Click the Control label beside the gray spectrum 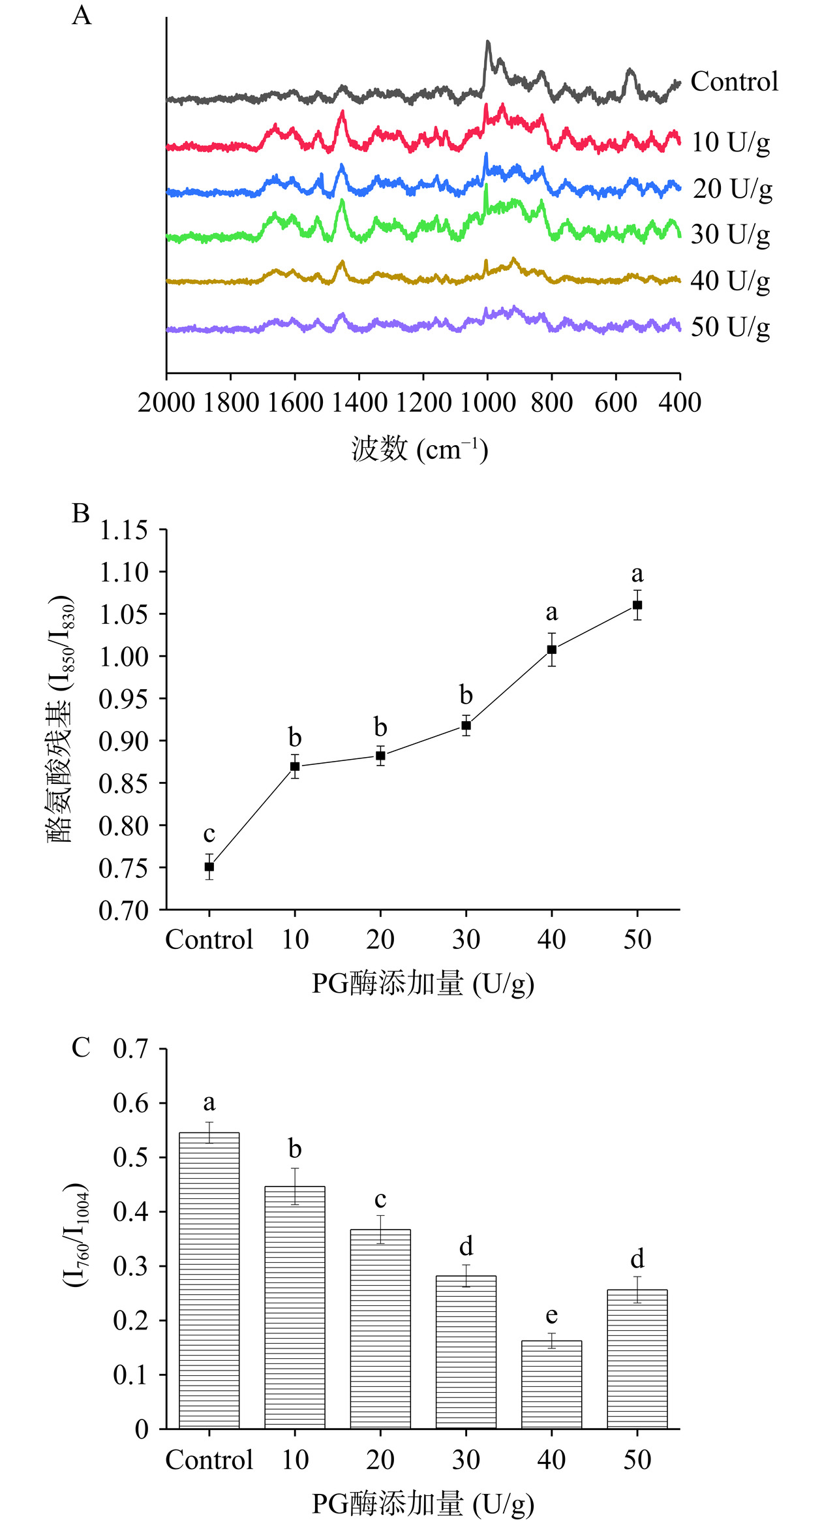734,82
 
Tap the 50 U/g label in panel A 730,327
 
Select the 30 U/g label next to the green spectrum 730,234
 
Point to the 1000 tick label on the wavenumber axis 487,403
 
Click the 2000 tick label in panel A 166,403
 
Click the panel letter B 81,514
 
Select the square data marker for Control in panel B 209,867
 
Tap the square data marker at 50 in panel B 637,605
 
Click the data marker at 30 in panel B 466,725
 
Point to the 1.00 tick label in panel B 124,657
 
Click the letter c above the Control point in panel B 209,834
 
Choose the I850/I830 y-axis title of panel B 61,718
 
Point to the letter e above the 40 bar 552,1315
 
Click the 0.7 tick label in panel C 131,1049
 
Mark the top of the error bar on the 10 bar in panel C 295,1168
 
